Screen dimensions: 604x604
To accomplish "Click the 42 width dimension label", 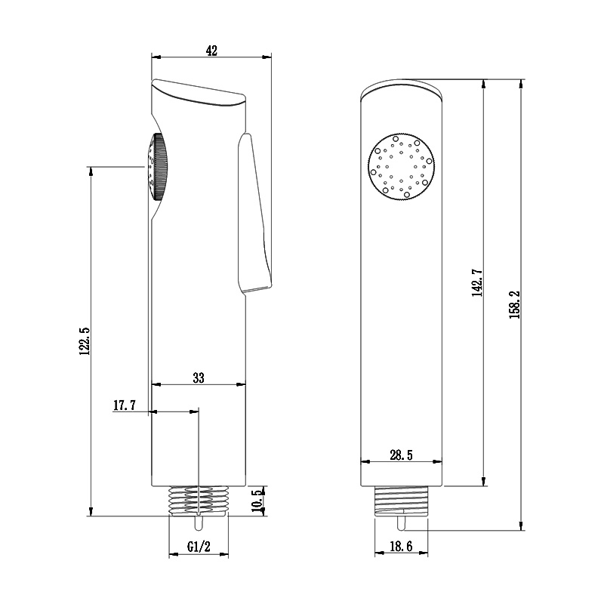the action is pos(211,51).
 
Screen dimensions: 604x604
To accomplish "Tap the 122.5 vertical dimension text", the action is pos(85,341).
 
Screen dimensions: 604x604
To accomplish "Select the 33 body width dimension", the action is pos(199,378).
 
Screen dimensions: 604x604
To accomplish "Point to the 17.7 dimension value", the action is pos(125,405).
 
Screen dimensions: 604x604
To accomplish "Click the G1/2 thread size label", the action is pos(199,546).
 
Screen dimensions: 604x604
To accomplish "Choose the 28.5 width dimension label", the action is pos(401,455).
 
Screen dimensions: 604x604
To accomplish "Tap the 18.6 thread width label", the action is pos(401,546).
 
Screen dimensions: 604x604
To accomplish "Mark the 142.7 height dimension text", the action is pos(478,282).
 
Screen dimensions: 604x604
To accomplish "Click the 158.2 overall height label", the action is pos(515,304).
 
